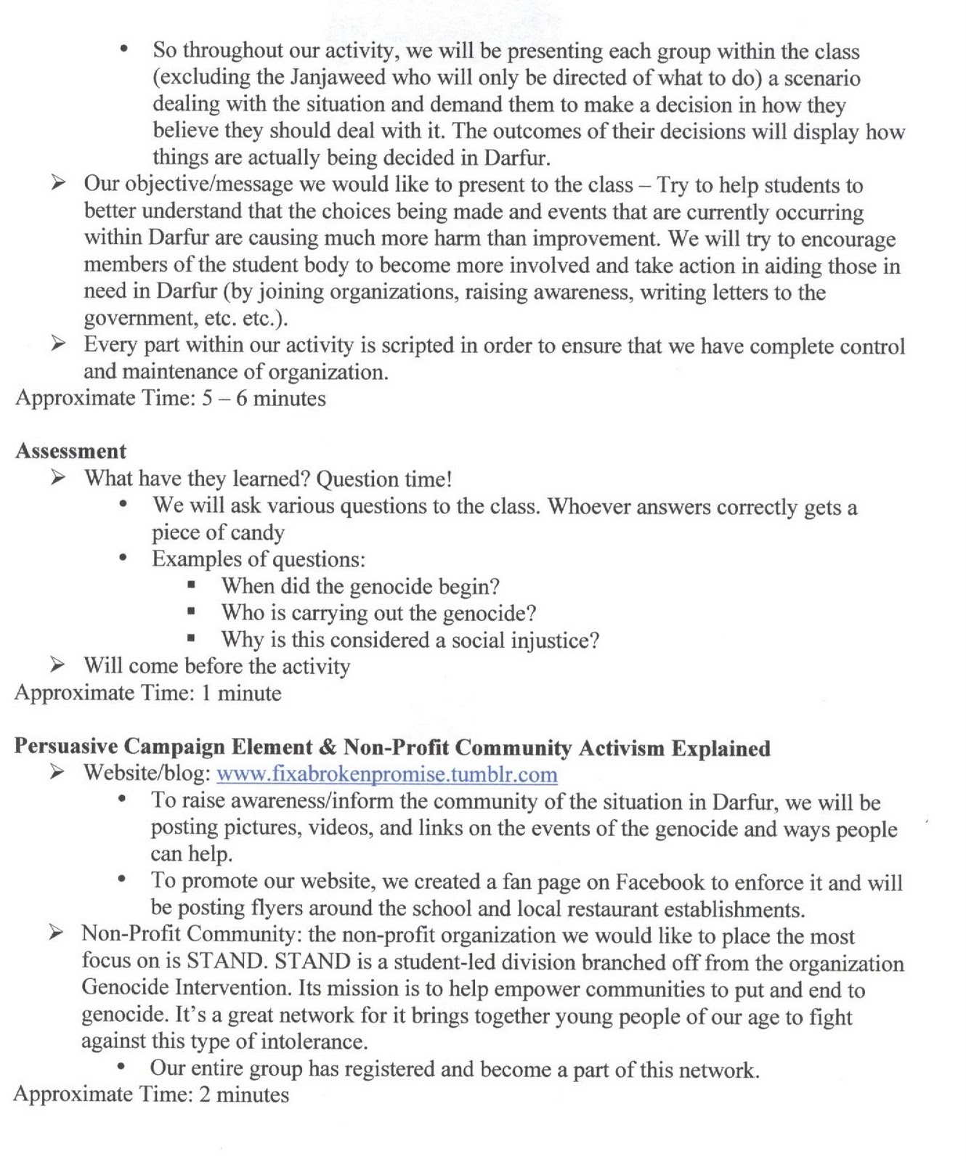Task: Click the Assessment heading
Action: [x=70, y=451]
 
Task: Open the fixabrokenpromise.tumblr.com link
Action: [x=387, y=774]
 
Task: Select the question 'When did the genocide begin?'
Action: [x=360, y=586]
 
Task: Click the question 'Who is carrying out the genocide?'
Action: [x=378, y=613]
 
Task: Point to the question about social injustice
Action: [x=410, y=640]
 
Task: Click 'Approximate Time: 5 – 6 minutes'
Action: [x=170, y=398]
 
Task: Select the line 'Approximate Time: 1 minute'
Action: [x=147, y=693]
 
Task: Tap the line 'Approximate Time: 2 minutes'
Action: [x=151, y=1094]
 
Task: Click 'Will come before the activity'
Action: [x=216, y=666]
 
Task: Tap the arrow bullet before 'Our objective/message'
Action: [x=58, y=184]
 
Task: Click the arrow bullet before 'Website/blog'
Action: [x=58, y=773]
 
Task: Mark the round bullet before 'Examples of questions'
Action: [x=124, y=559]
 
